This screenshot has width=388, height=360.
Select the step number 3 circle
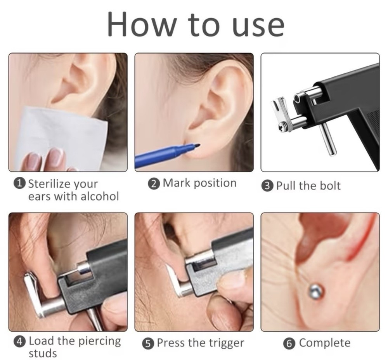(268, 186)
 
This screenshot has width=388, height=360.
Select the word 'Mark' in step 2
(175, 183)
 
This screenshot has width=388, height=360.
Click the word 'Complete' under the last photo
(325, 343)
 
